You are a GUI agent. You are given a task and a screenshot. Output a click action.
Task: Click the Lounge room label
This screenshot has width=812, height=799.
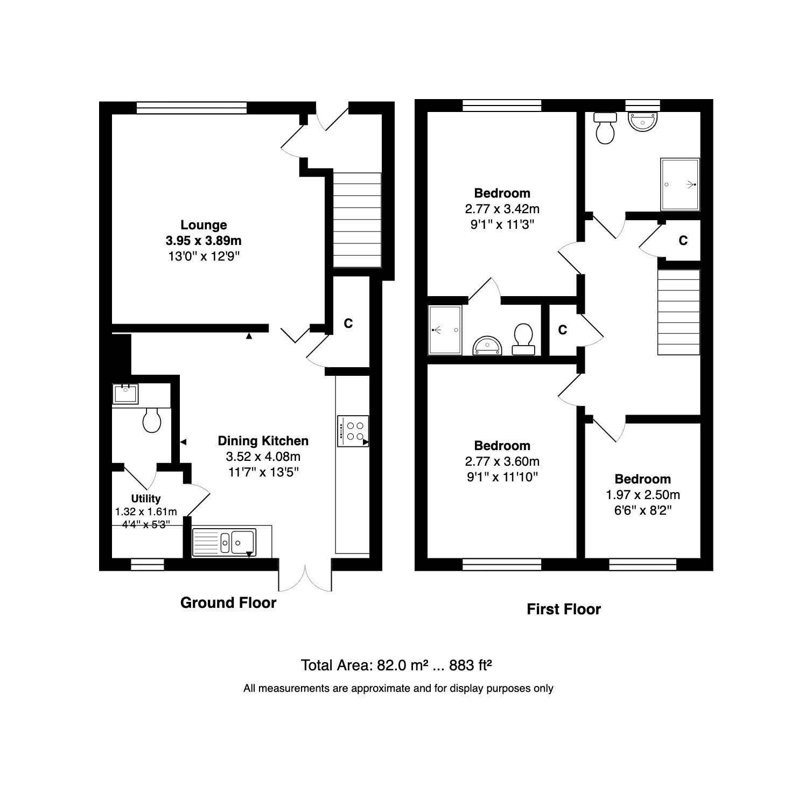[204, 225]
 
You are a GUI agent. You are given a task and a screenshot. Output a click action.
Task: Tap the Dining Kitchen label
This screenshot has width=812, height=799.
[263, 441]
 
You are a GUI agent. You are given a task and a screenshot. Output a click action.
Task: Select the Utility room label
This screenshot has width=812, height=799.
[146, 499]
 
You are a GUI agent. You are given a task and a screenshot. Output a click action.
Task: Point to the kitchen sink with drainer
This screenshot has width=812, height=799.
[225, 541]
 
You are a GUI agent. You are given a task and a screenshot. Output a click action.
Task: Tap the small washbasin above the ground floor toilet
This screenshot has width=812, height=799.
[126, 393]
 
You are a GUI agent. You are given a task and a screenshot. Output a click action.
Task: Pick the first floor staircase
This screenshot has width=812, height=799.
[679, 312]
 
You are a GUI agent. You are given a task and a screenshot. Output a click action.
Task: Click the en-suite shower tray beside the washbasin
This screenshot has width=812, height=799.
[445, 330]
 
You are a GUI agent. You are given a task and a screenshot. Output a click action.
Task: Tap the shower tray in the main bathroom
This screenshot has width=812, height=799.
[680, 185]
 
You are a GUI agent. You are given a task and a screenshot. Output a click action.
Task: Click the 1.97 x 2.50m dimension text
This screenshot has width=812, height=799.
[643, 495]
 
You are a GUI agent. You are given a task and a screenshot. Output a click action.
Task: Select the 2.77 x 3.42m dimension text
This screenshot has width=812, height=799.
[502, 209]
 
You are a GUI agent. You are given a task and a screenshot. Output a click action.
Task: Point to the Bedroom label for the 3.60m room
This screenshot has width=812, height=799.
[502, 446]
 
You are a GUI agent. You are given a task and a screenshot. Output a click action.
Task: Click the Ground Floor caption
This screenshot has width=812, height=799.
[228, 603]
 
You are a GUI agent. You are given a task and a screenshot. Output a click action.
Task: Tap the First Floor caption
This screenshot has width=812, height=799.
[563, 609]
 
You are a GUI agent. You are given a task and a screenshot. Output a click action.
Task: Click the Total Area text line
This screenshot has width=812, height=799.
[397, 665]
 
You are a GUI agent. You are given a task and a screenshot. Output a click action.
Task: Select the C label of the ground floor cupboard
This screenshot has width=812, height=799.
[348, 324]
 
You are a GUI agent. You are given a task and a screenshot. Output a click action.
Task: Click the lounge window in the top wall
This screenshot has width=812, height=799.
[192, 108]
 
